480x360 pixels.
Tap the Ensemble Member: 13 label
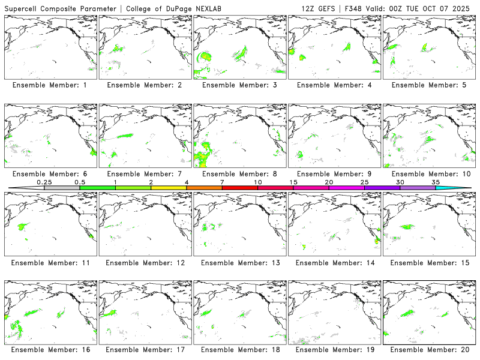(x=240, y=263)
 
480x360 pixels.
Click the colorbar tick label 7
(x=222, y=182)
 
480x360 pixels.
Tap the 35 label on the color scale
(x=436, y=182)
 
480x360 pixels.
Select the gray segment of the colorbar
(x=62, y=188)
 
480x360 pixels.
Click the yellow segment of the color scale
(x=169, y=188)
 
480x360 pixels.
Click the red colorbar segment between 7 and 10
(x=240, y=188)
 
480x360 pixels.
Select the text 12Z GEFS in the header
(x=318, y=8)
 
